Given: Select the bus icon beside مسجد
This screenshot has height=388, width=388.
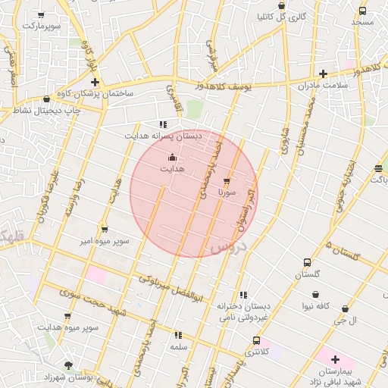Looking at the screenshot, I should click(x=362, y=11).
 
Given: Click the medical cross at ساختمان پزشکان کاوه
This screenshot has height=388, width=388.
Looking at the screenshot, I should click(x=95, y=81).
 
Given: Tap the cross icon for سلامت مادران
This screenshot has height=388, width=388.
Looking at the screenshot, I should click(x=324, y=74).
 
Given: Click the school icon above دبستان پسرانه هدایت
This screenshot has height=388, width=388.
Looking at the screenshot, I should click(x=162, y=124).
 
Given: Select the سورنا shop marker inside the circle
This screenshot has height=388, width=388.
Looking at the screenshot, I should click(x=227, y=181).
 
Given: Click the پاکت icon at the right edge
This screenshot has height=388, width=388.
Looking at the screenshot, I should click(x=378, y=168).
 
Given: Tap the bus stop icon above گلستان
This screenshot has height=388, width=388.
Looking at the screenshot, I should click(x=306, y=262).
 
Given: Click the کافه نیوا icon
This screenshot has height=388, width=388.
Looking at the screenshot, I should click(x=315, y=295).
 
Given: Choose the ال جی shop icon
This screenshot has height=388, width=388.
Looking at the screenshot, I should click(x=346, y=309).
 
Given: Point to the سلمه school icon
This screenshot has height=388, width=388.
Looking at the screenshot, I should click(x=178, y=334).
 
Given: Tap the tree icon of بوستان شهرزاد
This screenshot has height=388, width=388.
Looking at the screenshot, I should click(x=69, y=365).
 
